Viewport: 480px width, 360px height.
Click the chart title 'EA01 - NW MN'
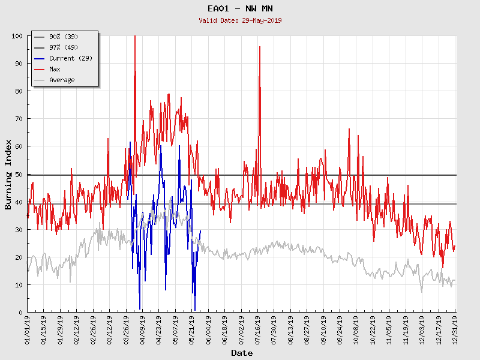click(240, 9)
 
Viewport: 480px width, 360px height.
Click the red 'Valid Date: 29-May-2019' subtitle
click(240, 20)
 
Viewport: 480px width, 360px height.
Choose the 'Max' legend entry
click(55, 69)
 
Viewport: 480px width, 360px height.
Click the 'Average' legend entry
click(62, 80)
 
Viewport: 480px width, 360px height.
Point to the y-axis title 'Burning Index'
click(8, 174)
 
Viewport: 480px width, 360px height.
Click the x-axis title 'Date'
click(242, 353)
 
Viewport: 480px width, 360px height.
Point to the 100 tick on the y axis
click(17, 36)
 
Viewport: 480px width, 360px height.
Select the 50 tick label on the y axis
click(19, 174)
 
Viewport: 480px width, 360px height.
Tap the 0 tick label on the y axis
click(20, 312)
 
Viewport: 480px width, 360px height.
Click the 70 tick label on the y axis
click(19, 119)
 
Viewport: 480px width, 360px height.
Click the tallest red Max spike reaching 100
click(134, 37)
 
